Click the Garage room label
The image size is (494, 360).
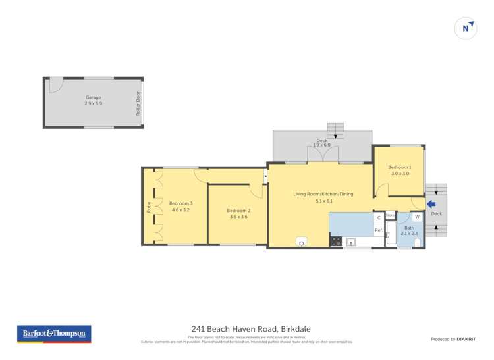(93, 97)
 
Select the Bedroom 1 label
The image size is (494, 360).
(399, 167)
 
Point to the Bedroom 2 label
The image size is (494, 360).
(238, 211)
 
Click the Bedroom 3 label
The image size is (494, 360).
(180, 203)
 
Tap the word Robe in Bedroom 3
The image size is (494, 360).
(149, 206)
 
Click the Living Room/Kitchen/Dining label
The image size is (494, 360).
(323, 194)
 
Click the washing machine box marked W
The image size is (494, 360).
(417, 217)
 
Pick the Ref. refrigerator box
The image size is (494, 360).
(379, 230)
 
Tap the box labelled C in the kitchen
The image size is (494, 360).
(379, 217)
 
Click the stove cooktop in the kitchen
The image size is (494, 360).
(335, 242)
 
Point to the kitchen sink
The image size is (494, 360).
(351, 242)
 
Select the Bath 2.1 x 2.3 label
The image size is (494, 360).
(409, 230)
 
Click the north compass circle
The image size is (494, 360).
(466, 28)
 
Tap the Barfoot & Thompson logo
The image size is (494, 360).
(54, 334)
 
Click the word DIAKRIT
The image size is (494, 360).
(466, 339)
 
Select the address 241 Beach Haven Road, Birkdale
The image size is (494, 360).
(251, 328)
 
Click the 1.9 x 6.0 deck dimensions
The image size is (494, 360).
(321, 145)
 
